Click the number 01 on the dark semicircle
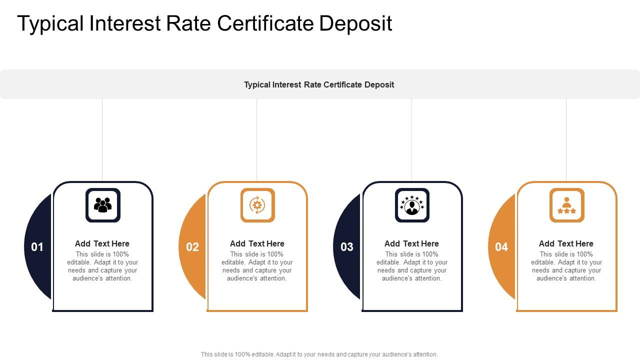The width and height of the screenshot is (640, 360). click(x=37, y=247)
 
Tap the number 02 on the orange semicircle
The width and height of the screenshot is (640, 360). click(x=192, y=247)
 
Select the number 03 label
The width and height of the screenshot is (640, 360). click(x=347, y=247)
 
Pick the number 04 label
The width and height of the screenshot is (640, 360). click(x=501, y=247)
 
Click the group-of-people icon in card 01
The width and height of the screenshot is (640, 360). click(x=103, y=205)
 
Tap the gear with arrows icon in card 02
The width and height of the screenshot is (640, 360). click(x=257, y=205)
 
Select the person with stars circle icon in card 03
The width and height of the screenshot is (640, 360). click(x=412, y=205)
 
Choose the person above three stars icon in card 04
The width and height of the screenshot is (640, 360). click(x=567, y=205)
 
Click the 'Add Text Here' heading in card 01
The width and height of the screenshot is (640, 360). click(x=102, y=243)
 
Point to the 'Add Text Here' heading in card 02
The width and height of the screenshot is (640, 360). click(x=257, y=243)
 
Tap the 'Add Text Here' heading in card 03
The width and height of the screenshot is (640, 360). click(x=411, y=243)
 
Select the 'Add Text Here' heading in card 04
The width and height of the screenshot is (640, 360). click(x=566, y=243)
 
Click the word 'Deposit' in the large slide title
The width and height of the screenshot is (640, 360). click(x=355, y=24)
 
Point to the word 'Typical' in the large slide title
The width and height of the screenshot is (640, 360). click(x=50, y=24)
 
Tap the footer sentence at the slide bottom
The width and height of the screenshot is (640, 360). click(x=319, y=354)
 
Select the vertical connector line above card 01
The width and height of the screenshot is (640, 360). click(x=102, y=140)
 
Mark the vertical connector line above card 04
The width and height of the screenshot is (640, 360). click(x=566, y=140)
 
